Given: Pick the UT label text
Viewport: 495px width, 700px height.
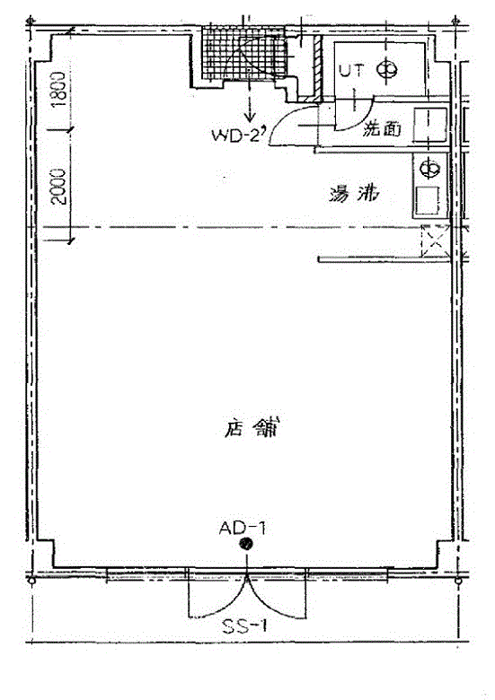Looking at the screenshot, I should (350, 71).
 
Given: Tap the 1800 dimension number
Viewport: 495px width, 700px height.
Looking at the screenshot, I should (57, 89).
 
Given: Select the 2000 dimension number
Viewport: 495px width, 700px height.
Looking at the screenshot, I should (58, 186).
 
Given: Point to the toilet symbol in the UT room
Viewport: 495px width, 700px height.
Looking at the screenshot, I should (385, 69).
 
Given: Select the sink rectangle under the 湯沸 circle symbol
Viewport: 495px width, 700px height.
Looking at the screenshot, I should (427, 198).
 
